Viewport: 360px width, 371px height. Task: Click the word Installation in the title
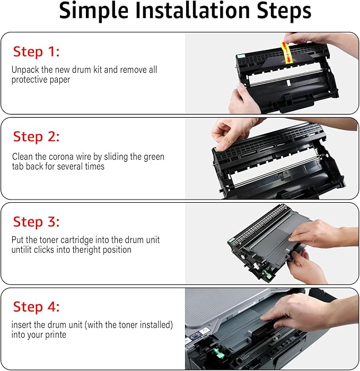click(x=192, y=11)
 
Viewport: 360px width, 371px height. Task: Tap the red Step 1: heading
click(x=36, y=51)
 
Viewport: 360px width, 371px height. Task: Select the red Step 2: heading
click(x=36, y=136)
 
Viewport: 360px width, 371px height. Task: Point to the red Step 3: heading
click(x=36, y=222)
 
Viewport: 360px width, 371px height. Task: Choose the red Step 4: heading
click(x=36, y=307)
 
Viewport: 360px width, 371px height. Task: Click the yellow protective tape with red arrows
click(x=287, y=53)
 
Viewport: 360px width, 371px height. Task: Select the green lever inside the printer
click(x=218, y=353)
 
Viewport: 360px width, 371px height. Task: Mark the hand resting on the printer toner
click(x=300, y=312)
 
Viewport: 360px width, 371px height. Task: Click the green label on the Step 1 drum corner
click(x=241, y=56)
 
